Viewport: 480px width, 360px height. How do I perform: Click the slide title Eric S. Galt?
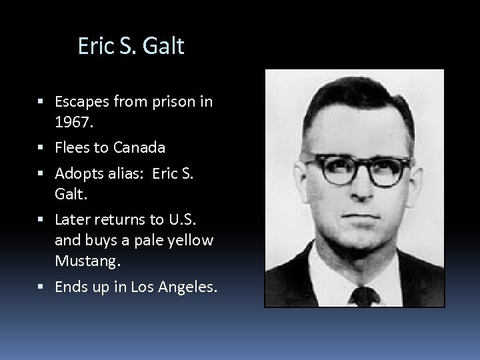pos(131,46)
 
